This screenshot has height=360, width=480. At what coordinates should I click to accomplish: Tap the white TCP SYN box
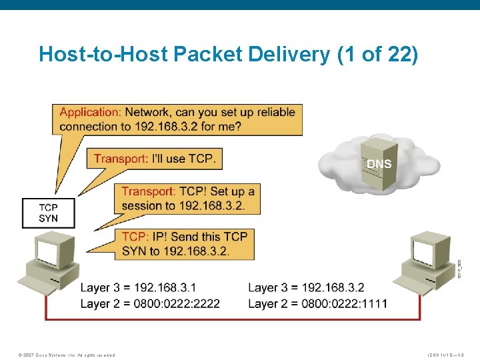coord(48,213)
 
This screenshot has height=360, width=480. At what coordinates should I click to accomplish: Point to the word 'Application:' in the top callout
coord(90,112)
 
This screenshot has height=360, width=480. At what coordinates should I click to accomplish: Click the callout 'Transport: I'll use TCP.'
coord(155,158)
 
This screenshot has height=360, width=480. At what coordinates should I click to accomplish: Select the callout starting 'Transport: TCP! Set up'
coord(187,198)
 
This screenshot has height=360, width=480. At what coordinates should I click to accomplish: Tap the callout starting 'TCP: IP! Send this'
coord(185,243)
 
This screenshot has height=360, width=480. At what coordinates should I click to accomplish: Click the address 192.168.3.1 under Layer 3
coord(165,288)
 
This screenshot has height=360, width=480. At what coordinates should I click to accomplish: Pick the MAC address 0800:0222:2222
coord(177,304)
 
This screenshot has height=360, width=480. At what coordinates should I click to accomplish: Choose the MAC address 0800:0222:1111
coord(344,304)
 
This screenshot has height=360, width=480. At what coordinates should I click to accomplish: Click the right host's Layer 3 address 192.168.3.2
coord(333,288)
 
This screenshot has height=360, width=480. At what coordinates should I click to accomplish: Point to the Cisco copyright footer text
coord(67,355)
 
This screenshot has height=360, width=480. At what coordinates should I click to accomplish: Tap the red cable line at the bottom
coord(233,320)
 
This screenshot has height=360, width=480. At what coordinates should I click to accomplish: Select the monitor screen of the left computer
coord(49,252)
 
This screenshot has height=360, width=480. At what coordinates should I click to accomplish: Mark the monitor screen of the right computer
coord(424,250)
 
